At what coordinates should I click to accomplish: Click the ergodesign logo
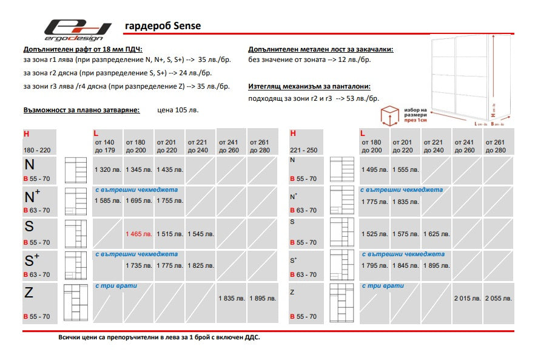[77, 29]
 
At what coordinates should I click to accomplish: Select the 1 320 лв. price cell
[109, 170]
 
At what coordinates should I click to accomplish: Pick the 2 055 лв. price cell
[498, 298]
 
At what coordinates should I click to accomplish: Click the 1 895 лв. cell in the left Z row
[262, 298]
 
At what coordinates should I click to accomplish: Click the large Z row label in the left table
[29, 293]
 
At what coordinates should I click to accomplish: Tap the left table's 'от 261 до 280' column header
[261, 146]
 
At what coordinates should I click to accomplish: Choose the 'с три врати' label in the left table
[116, 285]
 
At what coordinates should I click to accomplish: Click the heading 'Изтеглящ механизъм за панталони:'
[309, 87]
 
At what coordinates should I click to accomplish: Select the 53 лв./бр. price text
[358, 98]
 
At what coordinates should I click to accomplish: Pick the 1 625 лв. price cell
[436, 234]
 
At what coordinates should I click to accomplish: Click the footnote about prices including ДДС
[159, 338]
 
